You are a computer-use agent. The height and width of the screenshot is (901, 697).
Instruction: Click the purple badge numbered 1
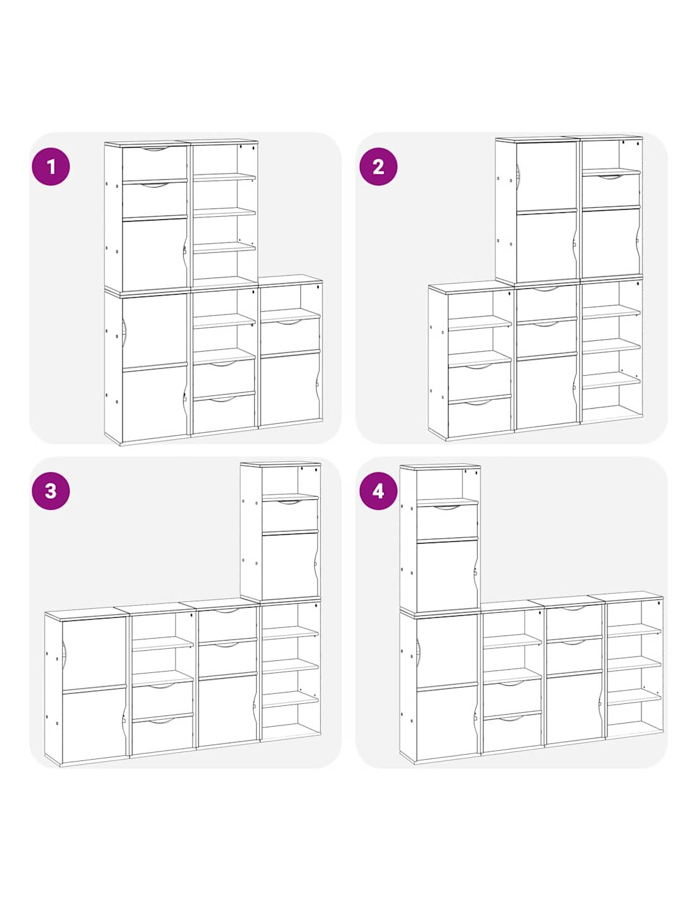(51, 167)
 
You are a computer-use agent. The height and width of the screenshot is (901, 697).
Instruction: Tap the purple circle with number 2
(378, 167)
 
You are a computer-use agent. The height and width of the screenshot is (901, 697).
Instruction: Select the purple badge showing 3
(51, 491)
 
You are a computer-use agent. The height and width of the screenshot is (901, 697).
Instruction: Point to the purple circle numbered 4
(378, 491)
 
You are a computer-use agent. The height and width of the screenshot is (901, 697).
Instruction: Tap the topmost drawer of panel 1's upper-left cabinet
(155, 163)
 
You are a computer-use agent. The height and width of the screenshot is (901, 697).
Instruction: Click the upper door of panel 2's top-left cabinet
(546, 176)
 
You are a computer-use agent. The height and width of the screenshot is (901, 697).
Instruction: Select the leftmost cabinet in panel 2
(470, 361)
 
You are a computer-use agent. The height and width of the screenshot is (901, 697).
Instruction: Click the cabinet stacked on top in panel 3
(281, 531)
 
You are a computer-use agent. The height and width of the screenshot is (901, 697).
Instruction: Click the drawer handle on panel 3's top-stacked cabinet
(290, 503)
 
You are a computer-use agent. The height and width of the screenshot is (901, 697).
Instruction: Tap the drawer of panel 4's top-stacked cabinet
(447, 522)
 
